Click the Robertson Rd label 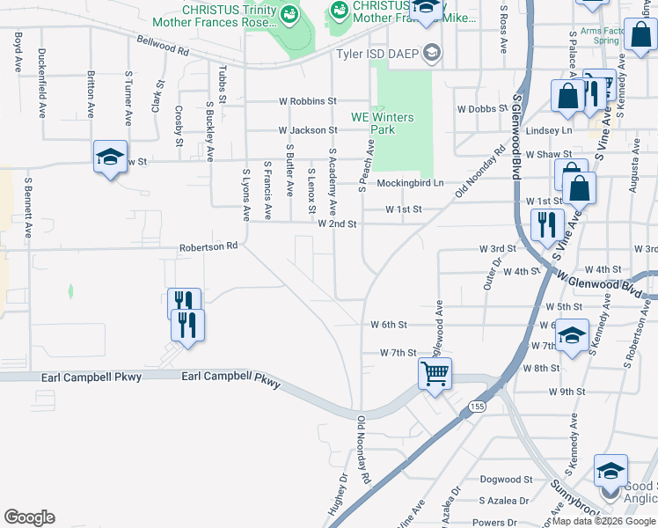209,247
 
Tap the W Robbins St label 308,101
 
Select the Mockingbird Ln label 410,183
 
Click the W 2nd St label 337,224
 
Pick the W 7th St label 398,352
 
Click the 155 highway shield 477,407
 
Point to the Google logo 29,517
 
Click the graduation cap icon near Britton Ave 111,157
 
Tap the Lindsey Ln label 548,130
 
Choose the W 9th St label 567,391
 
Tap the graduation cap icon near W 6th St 572,336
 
